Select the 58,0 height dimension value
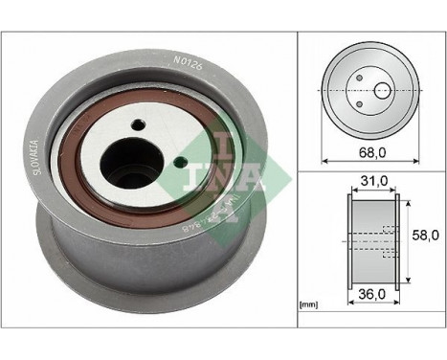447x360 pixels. coord(425,234)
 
